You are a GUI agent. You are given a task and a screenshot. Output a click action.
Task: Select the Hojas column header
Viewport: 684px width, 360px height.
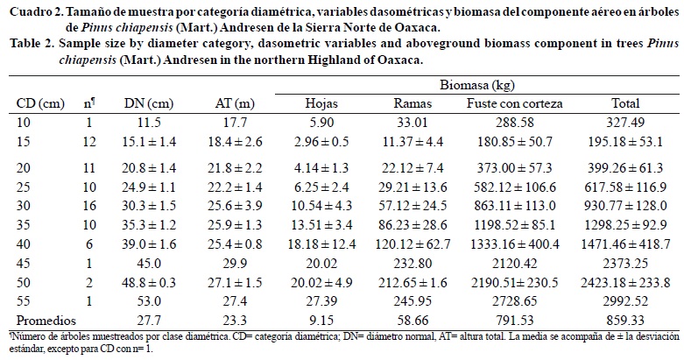coord(321,102)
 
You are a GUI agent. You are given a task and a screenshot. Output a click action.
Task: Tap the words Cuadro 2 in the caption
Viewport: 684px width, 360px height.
coord(30,10)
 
